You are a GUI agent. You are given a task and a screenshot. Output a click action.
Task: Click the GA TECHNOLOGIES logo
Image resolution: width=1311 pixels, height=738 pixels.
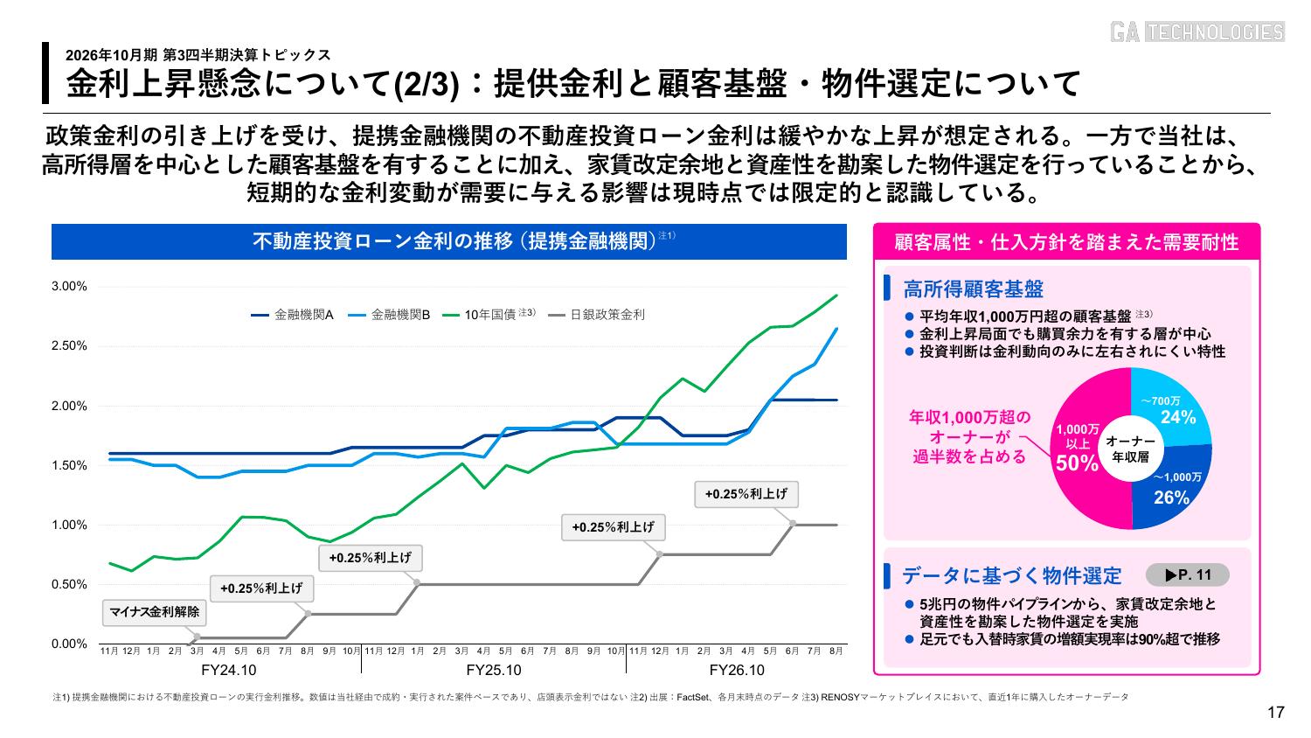(x=1197, y=31)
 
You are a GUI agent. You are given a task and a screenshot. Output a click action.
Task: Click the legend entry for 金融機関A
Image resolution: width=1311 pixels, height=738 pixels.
(x=293, y=315)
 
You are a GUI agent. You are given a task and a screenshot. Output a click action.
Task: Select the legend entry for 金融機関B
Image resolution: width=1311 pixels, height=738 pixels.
(x=389, y=315)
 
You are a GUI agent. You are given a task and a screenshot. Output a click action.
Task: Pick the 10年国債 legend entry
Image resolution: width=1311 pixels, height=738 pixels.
(x=489, y=315)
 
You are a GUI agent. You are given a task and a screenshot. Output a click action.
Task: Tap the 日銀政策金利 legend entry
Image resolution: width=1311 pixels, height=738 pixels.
(x=596, y=315)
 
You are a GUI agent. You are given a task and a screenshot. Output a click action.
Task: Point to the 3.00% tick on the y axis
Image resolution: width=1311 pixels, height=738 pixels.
(x=69, y=287)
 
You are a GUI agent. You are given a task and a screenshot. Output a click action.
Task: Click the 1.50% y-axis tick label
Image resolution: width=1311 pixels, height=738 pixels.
(x=69, y=466)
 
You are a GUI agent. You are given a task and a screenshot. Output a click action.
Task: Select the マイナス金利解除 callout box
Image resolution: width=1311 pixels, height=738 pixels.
(x=155, y=612)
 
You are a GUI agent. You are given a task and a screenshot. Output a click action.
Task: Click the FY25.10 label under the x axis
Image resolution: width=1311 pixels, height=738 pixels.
(x=494, y=670)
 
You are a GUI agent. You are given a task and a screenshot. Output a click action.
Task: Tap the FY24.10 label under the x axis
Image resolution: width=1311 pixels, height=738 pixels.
(x=229, y=670)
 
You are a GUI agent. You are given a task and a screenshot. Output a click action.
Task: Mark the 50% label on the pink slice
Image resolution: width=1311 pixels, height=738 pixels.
(x=1077, y=463)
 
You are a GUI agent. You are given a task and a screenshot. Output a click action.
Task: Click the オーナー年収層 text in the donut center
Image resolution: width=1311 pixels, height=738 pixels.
(x=1130, y=449)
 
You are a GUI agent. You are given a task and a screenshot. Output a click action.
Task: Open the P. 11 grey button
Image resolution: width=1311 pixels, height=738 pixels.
(x=1188, y=575)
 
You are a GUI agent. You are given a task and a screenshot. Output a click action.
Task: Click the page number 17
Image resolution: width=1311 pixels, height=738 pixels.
(x=1276, y=713)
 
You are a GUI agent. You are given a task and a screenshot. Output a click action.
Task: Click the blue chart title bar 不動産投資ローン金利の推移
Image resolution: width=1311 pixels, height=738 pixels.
(x=449, y=241)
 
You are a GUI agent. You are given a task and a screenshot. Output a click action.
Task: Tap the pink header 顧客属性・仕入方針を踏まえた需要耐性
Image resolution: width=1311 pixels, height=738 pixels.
(x=1066, y=242)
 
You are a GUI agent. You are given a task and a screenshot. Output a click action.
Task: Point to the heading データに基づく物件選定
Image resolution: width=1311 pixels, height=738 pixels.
(x=1011, y=575)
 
